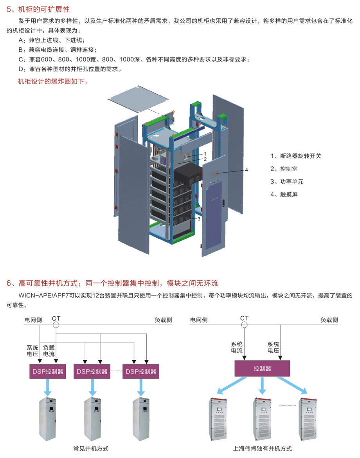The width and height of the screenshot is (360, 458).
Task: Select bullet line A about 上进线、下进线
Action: pos(51,40)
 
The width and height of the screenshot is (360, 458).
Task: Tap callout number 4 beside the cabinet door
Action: pos(247,170)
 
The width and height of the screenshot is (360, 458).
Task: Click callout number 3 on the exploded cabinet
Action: pos(199,219)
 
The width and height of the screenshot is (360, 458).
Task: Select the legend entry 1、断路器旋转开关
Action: pos(296,156)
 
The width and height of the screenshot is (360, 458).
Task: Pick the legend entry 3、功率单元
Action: pos(287,182)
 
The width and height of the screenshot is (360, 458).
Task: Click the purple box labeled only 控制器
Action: pos(262,368)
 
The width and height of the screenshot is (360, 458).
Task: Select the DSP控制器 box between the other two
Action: pos(92,371)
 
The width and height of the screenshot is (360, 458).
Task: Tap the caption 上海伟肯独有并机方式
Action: pos(262,449)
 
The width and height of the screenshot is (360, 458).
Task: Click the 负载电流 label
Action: pos(49,350)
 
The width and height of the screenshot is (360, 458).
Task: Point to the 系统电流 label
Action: pos(236,347)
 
